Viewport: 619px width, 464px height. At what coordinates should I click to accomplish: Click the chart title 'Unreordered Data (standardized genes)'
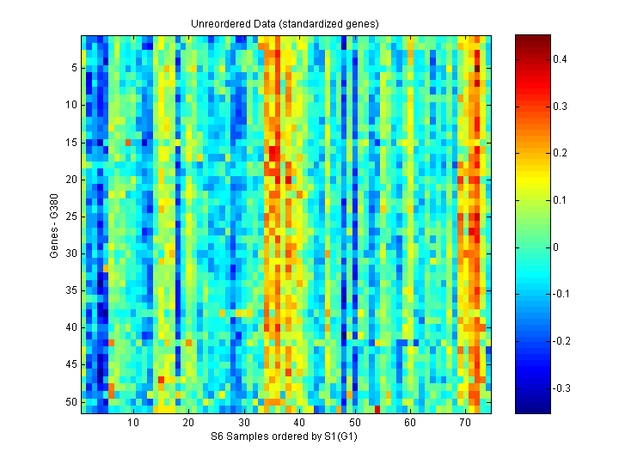285,23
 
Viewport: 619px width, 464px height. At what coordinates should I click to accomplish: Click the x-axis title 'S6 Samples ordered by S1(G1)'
285,437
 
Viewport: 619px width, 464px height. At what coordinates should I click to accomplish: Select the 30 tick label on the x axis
244,424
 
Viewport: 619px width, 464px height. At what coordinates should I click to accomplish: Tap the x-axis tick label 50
354,424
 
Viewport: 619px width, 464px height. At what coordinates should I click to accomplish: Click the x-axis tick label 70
465,424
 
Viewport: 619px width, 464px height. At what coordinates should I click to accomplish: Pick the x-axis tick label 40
299,424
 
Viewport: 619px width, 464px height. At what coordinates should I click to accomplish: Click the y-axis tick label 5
74,68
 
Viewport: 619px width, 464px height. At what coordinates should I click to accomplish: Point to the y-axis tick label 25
71,217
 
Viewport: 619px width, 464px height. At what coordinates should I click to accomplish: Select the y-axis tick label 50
71,401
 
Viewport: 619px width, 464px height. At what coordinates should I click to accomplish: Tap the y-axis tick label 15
71,142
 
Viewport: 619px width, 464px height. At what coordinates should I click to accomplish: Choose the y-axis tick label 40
71,327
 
